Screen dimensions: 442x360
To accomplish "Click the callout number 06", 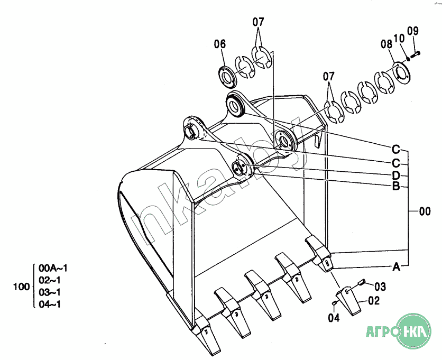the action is click(x=220, y=44).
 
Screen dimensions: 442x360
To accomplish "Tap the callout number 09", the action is click(x=413, y=31).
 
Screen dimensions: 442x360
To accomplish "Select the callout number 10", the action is click(x=399, y=39).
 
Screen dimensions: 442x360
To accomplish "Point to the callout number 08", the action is click(x=386, y=44).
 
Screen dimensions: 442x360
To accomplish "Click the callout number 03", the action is click(x=380, y=287).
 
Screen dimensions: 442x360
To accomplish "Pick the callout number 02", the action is click(x=374, y=301).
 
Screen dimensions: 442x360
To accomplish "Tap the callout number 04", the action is click(x=334, y=318).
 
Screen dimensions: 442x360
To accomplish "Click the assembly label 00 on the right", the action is click(x=425, y=211).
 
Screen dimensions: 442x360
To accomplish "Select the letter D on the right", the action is click(x=396, y=176).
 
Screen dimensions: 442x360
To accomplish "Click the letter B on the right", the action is click(x=396, y=186).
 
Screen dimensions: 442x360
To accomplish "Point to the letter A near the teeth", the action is click(x=397, y=266).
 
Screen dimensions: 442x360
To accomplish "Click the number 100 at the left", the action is click(x=22, y=287).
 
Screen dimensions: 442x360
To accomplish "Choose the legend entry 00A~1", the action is click(x=53, y=268).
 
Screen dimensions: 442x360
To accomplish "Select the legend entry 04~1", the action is click(x=50, y=304).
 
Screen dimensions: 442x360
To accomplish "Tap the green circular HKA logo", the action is click(x=414, y=331).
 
